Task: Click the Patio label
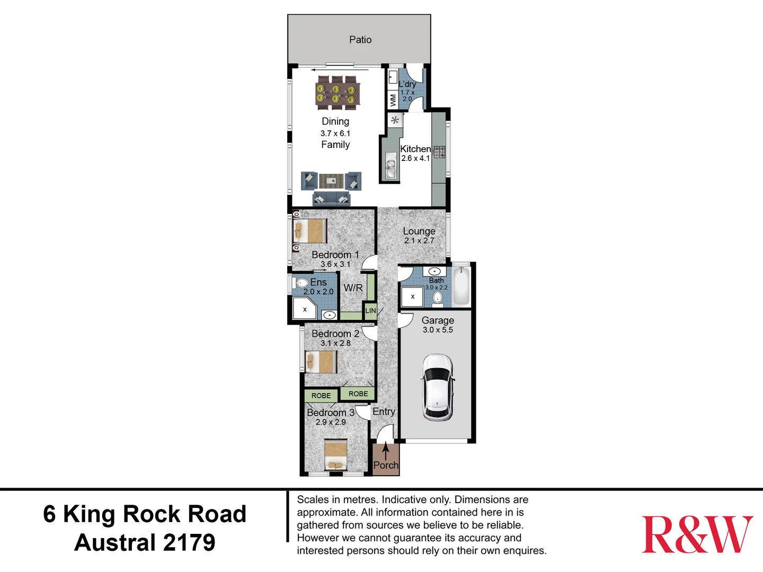click(x=360, y=40)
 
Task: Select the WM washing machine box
click(x=393, y=99)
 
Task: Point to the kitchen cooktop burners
click(x=439, y=152)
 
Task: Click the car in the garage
click(x=437, y=387)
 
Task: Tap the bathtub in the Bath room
click(x=462, y=287)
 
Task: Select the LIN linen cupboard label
click(x=370, y=310)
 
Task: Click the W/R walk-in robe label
click(x=353, y=288)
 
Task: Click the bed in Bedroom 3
click(x=335, y=455)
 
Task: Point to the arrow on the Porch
click(x=386, y=451)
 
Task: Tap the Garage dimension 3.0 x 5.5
click(x=438, y=330)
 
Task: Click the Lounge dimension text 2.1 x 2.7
click(x=419, y=240)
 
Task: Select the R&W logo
click(x=697, y=535)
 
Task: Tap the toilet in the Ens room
click(x=301, y=283)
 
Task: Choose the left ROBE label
click(x=321, y=396)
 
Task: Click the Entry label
click(x=384, y=412)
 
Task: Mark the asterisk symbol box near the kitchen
click(x=395, y=120)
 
